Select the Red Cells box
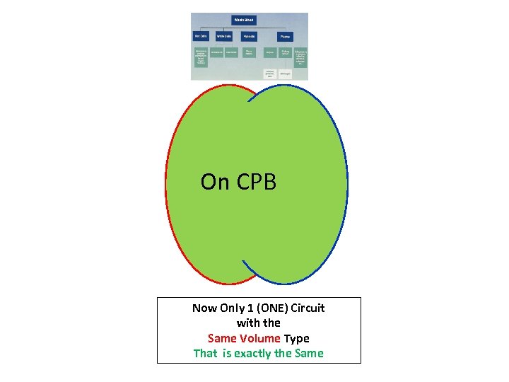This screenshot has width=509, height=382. coord(201,36)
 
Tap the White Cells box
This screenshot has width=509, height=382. coord(224,36)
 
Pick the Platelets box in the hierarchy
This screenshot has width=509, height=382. coord(249,36)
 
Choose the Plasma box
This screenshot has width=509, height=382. coord(285,36)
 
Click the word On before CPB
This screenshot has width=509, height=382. coord(215,182)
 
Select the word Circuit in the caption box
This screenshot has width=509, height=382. coord(308,308)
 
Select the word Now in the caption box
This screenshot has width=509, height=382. coord(206,308)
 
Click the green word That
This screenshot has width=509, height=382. coord(206,353)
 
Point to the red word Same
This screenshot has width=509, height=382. coord(223,338)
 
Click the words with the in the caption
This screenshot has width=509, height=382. coord(259,323)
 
